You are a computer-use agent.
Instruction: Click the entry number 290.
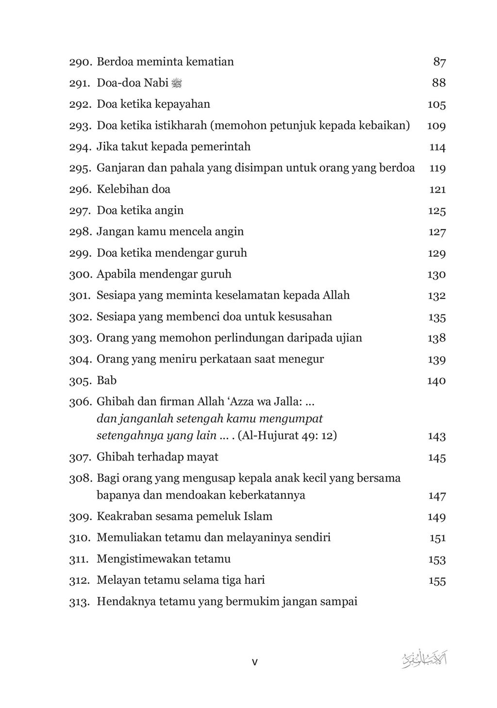[x=80, y=62]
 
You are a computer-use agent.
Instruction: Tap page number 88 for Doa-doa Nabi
[x=439, y=83]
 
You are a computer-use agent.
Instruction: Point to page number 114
[x=437, y=147]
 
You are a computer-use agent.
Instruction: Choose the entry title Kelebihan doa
[x=133, y=189]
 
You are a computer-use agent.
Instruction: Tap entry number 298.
[x=80, y=232]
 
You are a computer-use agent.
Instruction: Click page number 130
[x=436, y=275]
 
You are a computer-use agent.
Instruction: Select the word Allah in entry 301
[x=334, y=295]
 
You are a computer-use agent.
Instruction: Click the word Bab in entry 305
[x=107, y=380]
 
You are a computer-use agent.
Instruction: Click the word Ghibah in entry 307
[x=113, y=457]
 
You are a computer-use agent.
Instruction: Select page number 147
[x=437, y=496]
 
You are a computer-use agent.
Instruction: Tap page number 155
[x=437, y=581]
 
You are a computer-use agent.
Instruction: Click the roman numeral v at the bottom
[x=255, y=662]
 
